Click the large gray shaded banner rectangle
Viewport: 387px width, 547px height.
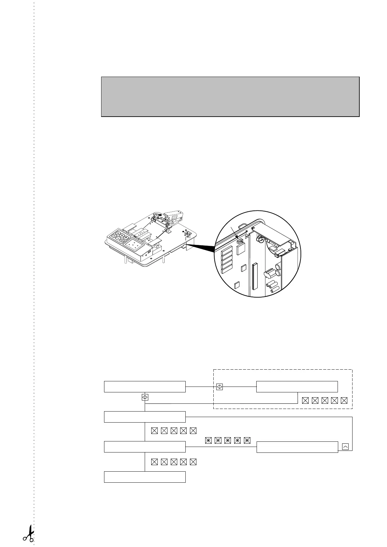coord(230,96)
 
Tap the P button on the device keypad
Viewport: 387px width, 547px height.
coord(126,238)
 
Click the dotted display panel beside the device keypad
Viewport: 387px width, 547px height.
coord(134,244)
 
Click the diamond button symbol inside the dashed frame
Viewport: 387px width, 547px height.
coord(220,387)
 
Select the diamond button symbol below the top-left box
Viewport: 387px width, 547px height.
coord(145,397)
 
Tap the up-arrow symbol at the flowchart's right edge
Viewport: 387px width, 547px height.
coord(345,447)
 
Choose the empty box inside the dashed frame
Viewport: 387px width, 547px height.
coord(297,387)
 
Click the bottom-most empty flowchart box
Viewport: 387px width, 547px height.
coord(145,477)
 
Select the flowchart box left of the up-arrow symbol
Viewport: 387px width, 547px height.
coord(297,447)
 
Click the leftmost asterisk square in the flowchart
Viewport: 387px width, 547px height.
coord(208,440)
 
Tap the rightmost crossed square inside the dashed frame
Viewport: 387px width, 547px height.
coord(344,401)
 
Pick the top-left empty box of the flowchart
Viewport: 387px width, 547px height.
coord(145,387)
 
